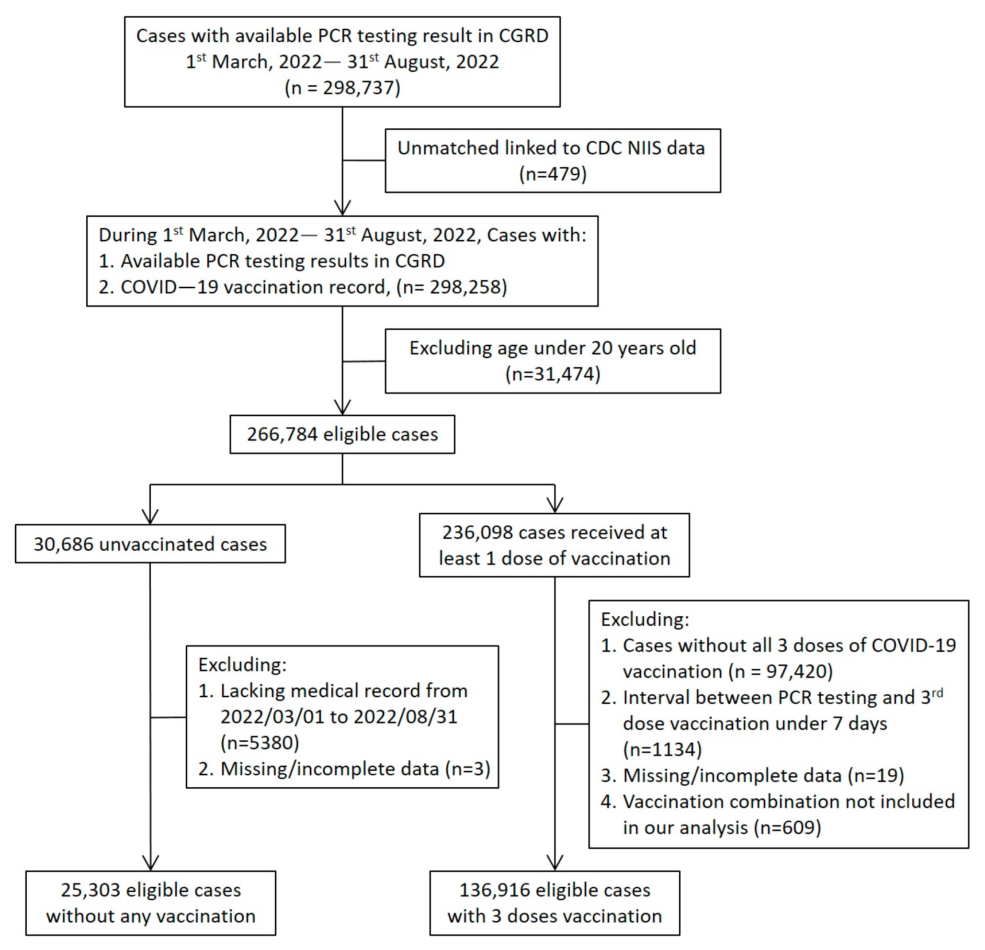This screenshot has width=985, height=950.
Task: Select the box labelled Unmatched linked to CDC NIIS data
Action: (x=552, y=160)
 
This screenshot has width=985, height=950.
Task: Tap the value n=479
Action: (x=552, y=174)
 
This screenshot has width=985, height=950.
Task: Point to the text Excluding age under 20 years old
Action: (x=552, y=348)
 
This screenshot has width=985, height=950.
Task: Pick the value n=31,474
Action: (x=552, y=374)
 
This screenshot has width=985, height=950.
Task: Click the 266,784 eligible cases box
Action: (x=342, y=434)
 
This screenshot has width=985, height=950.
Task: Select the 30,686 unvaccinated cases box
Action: (x=150, y=544)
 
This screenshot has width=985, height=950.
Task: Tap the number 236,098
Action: (x=477, y=532)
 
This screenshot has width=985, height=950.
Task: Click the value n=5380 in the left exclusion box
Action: (x=260, y=742)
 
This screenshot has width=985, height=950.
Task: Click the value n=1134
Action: (x=662, y=749)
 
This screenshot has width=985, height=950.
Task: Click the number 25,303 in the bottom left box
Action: (x=91, y=890)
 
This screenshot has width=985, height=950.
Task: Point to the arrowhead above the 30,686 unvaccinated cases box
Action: (x=150, y=517)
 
